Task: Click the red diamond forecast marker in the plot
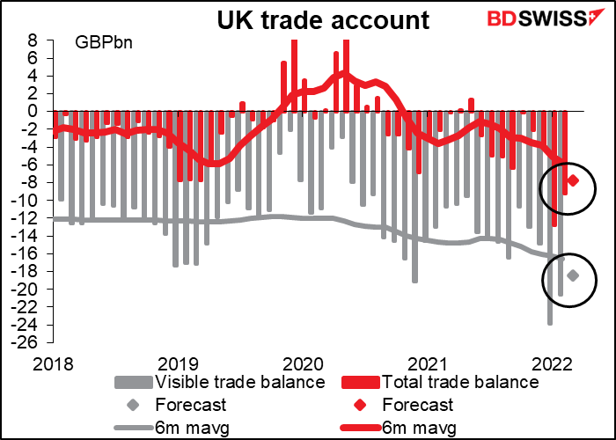tap(573, 180)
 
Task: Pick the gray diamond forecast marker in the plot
tap(573, 275)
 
